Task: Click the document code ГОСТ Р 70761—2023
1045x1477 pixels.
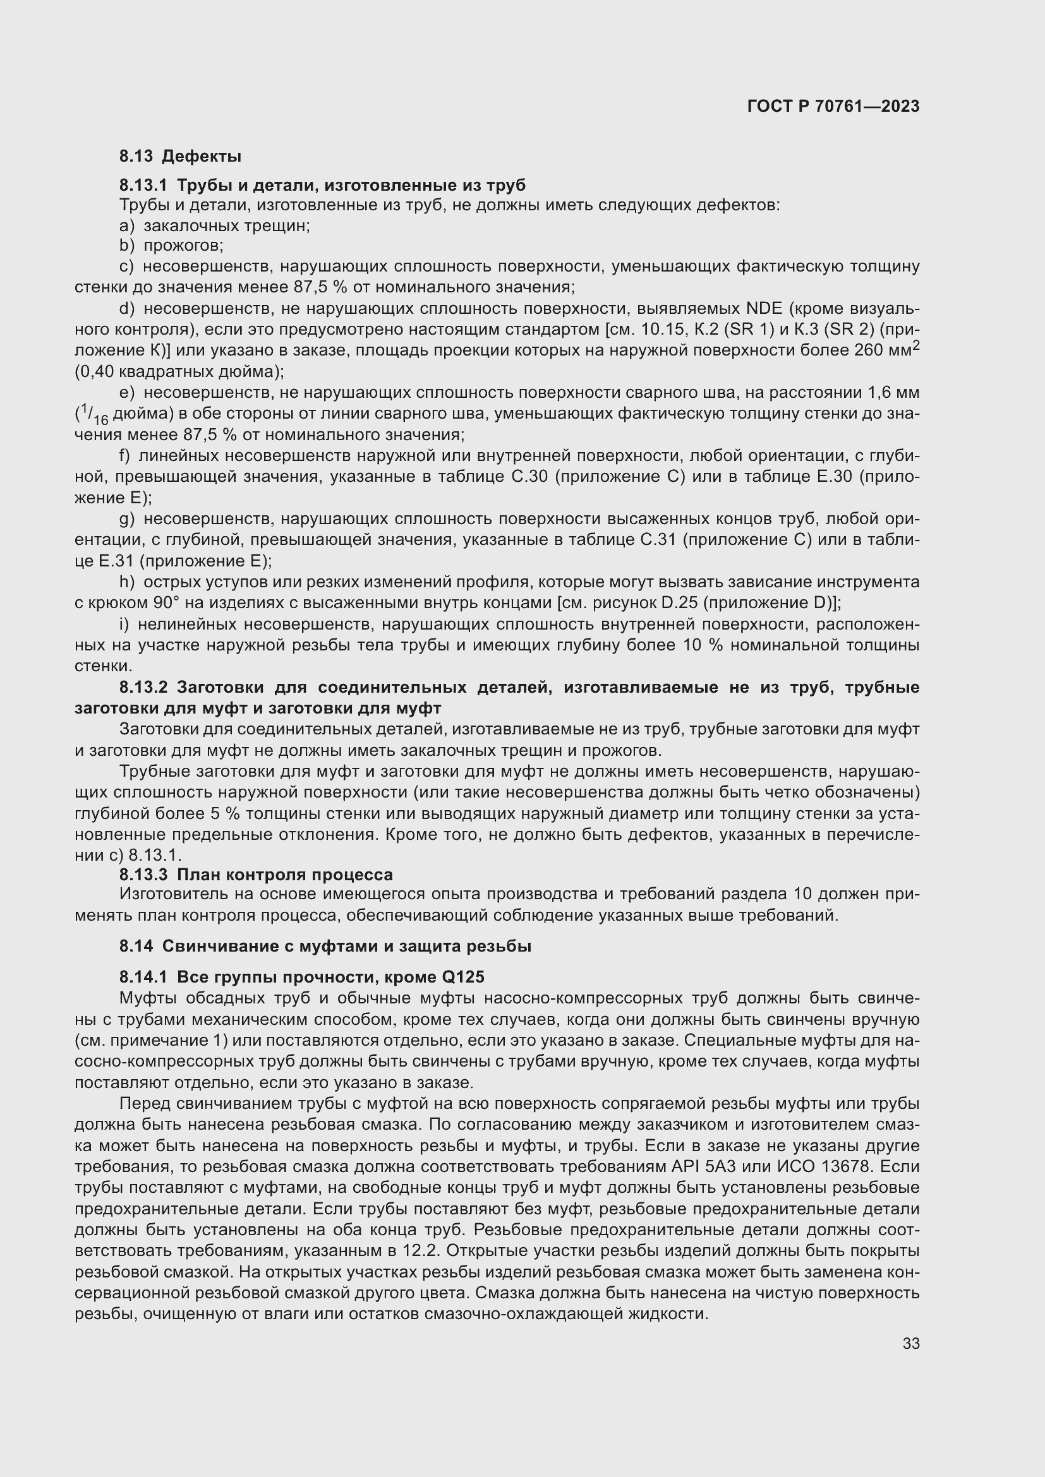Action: (x=833, y=106)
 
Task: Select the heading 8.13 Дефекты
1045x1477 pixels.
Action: (x=180, y=156)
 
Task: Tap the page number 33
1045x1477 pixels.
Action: (x=910, y=1343)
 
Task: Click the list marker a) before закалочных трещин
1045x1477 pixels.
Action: (x=127, y=226)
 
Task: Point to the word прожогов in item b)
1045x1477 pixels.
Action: (x=183, y=246)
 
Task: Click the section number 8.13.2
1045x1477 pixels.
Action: (x=143, y=688)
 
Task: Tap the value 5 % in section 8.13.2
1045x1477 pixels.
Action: (x=224, y=814)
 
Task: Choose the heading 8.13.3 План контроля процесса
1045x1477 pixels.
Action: (x=255, y=875)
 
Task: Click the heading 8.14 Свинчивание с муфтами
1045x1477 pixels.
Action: (x=325, y=947)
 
